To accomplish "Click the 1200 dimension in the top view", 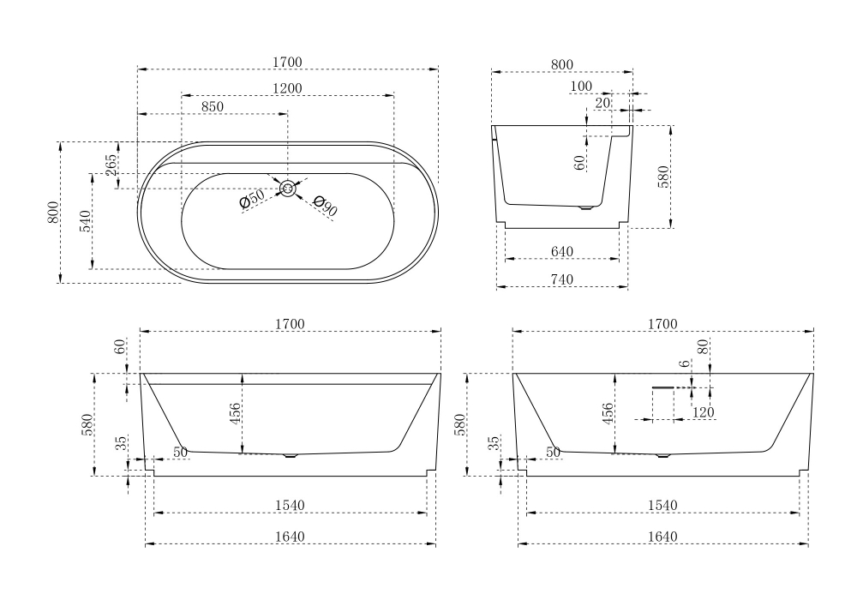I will pos(288,88).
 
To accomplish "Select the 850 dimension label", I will pos(212,106).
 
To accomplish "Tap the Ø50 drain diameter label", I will pos(252,199).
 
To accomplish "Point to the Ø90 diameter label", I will pos(325,206).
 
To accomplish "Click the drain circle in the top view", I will pos(288,189).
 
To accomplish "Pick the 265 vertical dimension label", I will pos(111,165).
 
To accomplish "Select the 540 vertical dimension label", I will pos(85,221).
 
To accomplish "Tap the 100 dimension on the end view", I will pos(580,87).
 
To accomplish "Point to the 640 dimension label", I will pos(561,251).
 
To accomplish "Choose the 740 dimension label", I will pos(561,279).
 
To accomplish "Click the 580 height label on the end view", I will pos(662,177).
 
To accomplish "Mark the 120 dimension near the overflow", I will pos(703,413).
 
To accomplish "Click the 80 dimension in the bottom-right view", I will pos(703,347).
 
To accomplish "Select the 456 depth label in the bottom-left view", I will pos(235,414).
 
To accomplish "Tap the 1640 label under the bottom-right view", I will pos(662,537).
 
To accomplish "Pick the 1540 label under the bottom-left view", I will pos(290,506).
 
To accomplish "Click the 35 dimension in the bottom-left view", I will pos(122,442).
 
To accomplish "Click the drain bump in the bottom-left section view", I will pos(291,456).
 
